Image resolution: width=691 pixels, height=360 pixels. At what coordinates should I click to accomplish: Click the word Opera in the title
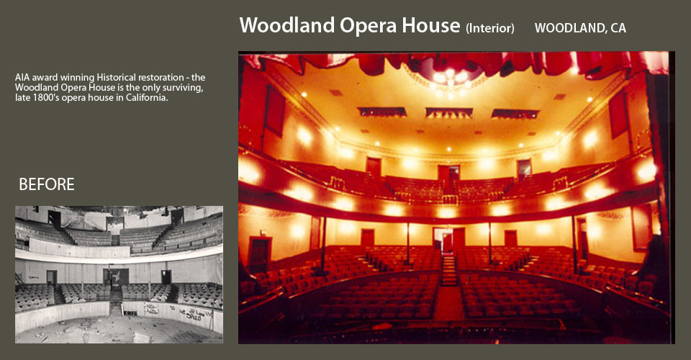(x=368, y=26)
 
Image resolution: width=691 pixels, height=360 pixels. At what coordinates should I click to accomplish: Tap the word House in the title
(x=431, y=25)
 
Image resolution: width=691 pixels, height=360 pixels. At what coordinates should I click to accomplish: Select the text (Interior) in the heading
(x=490, y=28)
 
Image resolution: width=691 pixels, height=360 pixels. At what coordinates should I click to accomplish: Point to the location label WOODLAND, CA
(x=580, y=28)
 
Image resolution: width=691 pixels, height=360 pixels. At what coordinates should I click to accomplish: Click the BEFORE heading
(x=47, y=184)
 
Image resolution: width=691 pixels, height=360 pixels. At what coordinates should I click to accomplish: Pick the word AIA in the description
(x=22, y=78)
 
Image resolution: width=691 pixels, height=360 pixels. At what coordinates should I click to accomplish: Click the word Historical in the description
(x=117, y=78)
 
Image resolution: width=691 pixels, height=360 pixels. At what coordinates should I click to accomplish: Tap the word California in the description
(x=147, y=98)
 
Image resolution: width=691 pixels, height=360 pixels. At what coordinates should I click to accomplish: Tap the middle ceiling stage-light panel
(x=449, y=113)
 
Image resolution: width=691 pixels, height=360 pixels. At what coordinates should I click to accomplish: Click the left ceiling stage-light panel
(x=382, y=112)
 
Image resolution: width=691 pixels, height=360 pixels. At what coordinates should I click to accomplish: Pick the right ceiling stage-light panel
(x=515, y=114)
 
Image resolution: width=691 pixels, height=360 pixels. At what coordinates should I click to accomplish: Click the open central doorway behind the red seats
(x=443, y=240)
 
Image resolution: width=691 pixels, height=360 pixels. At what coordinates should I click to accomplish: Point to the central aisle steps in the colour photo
(x=449, y=271)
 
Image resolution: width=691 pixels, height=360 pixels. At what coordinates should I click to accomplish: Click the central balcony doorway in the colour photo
(x=448, y=178)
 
